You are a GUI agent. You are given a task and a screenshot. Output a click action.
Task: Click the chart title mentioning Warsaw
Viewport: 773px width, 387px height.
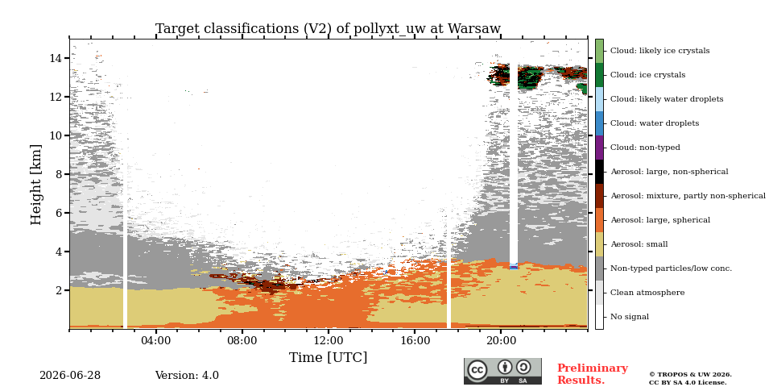pyautogui.click(x=328, y=29)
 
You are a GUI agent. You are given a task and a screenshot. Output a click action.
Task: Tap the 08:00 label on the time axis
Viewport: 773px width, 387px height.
pyautogui.click(x=242, y=340)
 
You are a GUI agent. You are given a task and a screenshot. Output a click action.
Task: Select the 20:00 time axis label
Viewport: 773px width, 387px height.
pyautogui.click(x=501, y=340)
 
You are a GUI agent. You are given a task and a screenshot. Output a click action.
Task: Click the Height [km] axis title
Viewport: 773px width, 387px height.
pyautogui.click(x=36, y=185)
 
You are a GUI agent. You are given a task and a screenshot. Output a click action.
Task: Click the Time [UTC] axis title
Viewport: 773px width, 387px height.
pyautogui.click(x=328, y=357)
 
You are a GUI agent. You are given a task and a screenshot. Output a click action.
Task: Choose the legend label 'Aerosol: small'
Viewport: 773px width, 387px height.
pyautogui.click(x=639, y=244)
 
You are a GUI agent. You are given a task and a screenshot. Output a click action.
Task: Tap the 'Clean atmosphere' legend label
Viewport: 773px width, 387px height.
pyautogui.click(x=647, y=293)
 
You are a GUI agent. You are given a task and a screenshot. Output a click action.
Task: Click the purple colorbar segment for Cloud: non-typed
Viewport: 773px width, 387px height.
pyautogui.click(x=599, y=148)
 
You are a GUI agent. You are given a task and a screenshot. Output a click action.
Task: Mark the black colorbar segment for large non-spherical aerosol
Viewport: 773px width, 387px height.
pyautogui.click(x=599, y=172)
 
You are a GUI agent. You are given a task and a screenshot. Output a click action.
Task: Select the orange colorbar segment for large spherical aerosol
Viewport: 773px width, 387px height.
pyautogui.click(x=599, y=220)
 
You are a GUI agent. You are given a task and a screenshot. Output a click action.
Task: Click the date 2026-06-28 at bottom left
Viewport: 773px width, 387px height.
pyautogui.click(x=70, y=376)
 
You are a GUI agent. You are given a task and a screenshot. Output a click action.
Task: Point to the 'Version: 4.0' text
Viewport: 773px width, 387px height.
pyautogui.click(x=187, y=376)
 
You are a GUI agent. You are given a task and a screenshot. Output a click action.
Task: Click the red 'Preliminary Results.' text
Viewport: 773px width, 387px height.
pyautogui.click(x=593, y=374)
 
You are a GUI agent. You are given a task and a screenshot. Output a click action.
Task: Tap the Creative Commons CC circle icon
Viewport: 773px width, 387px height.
pyautogui.click(x=477, y=370)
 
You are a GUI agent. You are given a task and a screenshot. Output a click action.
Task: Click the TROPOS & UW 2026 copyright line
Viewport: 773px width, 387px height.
pyautogui.click(x=690, y=375)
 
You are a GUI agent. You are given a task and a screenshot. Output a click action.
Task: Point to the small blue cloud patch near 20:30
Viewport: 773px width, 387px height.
pyautogui.click(x=514, y=267)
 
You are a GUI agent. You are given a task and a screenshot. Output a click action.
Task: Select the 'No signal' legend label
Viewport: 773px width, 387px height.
pyautogui.click(x=630, y=317)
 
